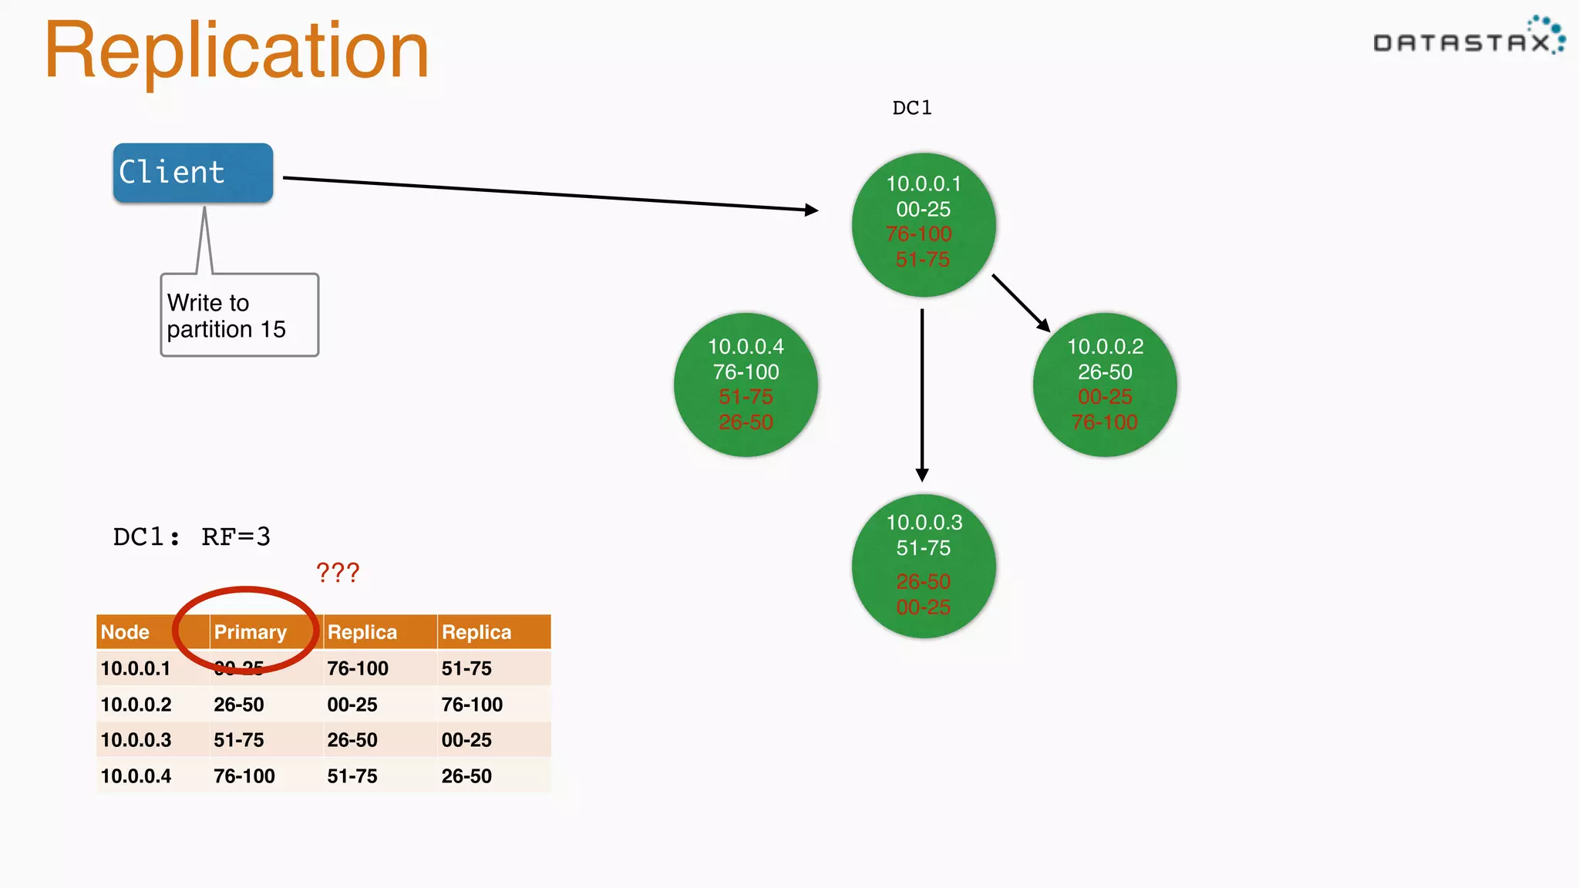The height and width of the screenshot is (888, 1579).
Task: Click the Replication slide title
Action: (236, 51)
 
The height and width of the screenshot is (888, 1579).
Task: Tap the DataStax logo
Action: (1468, 39)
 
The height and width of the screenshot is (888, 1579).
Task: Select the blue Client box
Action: (193, 173)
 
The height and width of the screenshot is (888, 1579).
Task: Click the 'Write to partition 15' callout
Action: (239, 315)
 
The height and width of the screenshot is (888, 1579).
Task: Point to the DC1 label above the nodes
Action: (912, 108)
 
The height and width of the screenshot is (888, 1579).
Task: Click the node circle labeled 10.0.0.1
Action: (924, 224)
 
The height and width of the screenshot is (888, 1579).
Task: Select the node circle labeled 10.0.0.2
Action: (1104, 385)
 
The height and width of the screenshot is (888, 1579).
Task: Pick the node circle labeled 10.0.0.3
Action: (924, 565)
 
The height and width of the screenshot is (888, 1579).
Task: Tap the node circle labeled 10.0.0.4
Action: (746, 385)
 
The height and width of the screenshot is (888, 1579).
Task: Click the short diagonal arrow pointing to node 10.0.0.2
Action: (1021, 302)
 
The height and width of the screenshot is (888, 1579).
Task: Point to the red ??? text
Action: (338, 573)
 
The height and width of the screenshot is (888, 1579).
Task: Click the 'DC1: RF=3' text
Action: (192, 536)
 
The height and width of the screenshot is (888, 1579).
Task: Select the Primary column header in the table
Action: (250, 632)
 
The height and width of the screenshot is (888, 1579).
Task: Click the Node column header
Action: (125, 632)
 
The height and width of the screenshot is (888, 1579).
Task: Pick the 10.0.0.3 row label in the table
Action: (136, 740)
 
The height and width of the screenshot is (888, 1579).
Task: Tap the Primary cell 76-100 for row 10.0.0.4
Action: (244, 776)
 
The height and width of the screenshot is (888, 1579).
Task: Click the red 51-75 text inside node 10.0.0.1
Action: (922, 260)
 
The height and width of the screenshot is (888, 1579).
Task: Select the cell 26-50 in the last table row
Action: (466, 776)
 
